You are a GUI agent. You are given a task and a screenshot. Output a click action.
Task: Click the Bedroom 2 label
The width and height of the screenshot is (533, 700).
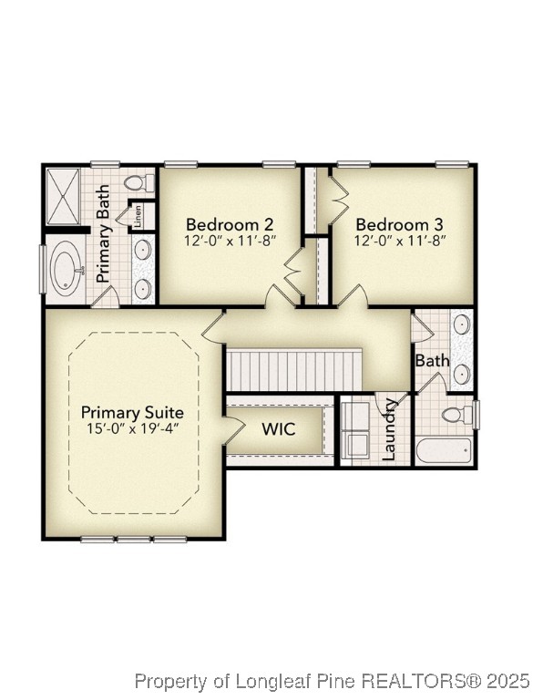231,224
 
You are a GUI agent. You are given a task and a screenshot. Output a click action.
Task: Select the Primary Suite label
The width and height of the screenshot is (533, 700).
132,411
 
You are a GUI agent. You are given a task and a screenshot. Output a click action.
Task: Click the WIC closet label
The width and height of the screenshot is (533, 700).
278,428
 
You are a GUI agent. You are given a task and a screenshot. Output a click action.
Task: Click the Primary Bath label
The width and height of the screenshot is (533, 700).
103,233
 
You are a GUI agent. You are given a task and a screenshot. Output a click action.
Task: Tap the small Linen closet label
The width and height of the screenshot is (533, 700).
137,216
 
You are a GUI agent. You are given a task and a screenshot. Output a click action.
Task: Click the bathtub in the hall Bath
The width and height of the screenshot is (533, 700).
444,449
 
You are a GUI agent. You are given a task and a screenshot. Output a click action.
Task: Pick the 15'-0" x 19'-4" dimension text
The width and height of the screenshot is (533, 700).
132,427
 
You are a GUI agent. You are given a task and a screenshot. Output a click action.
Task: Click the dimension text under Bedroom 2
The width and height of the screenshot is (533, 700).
231,241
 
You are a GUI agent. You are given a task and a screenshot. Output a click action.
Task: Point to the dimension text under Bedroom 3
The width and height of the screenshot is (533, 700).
400,241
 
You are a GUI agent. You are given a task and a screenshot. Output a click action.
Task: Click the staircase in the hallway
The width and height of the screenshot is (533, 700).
293,369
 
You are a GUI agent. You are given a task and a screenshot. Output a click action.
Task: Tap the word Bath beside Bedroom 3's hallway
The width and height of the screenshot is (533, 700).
432,361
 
